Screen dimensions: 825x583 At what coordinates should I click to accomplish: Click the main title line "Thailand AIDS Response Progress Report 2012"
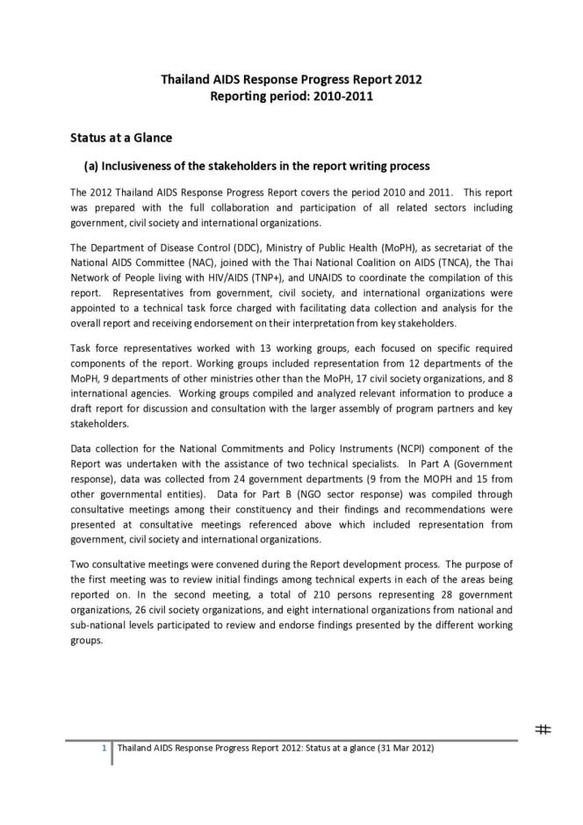click(x=291, y=79)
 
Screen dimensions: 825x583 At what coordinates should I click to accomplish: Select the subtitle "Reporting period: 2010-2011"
click(x=291, y=96)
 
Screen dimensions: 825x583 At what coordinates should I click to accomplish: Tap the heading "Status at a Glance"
click(x=120, y=138)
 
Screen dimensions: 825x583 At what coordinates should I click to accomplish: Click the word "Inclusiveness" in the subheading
click(x=142, y=165)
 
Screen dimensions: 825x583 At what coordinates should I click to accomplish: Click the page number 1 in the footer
click(x=104, y=749)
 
